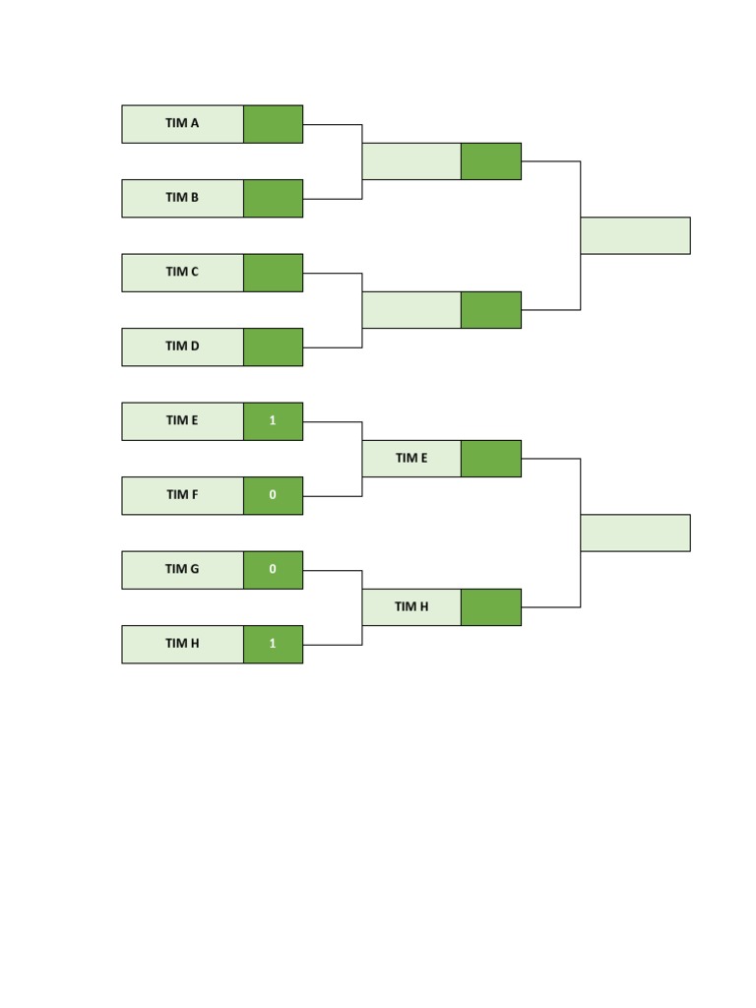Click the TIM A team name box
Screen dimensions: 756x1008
pyautogui.click(x=182, y=124)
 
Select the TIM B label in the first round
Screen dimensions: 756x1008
pyautogui.click(x=182, y=199)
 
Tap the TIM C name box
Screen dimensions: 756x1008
pyautogui.click(x=182, y=273)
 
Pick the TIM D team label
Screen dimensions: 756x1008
pyautogui.click(x=182, y=347)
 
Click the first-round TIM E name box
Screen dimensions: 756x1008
pyautogui.click(x=182, y=421)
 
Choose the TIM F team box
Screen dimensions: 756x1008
pyautogui.click(x=182, y=496)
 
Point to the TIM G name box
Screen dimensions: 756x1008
pyautogui.click(x=182, y=570)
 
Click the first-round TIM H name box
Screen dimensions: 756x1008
pyautogui.click(x=182, y=644)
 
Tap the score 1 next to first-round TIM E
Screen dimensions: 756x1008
pyautogui.click(x=274, y=421)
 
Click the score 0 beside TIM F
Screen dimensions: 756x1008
pyautogui.click(x=274, y=496)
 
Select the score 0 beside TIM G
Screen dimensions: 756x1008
pyautogui.click(x=274, y=570)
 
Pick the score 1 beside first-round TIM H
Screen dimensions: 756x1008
pyautogui.click(x=274, y=644)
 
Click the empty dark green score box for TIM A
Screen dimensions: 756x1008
pyautogui.click(x=274, y=124)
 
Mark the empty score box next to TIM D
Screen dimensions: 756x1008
pyautogui.click(x=274, y=347)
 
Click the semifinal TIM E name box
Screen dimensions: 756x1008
pyautogui.click(x=411, y=459)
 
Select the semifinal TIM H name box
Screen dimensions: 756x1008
pyautogui.click(x=411, y=606)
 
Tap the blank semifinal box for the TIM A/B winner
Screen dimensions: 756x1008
pyautogui.click(x=411, y=161)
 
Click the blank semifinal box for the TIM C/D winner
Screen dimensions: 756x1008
pyautogui.click(x=411, y=310)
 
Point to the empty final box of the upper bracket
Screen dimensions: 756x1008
pyautogui.click(x=635, y=235)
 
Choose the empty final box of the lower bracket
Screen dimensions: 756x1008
pyautogui.click(x=635, y=533)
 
